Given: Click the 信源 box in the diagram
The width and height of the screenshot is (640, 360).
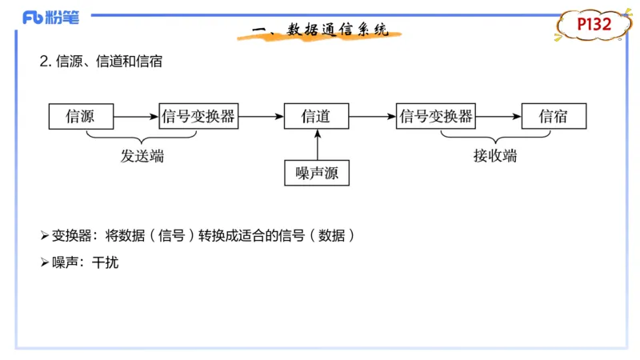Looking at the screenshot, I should [x=81, y=117].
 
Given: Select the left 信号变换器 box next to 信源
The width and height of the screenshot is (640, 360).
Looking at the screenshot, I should [x=198, y=117].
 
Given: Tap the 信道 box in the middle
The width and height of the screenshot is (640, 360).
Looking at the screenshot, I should [x=317, y=117].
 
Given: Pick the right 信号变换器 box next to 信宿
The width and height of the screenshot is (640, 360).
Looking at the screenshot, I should [x=436, y=117].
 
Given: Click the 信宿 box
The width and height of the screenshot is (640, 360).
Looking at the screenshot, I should [x=554, y=117].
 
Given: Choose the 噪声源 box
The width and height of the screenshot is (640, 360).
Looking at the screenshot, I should [x=317, y=173].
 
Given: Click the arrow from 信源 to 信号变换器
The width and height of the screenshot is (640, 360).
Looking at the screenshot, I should [x=136, y=117].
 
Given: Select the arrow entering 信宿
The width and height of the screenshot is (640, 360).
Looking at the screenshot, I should [x=498, y=117].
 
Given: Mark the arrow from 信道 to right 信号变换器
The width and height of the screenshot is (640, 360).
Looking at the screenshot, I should [x=373, y=117].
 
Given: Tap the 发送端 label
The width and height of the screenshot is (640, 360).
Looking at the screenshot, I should [x=142, y=157].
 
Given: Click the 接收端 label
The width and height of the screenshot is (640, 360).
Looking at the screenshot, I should [x=494, y=157].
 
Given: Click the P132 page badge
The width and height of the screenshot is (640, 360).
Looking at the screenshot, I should [x=594, y=25].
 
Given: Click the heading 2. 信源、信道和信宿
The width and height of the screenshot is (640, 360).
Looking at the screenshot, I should [x=101, y=62].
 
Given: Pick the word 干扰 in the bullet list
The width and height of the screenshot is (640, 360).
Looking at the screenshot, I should [x=105, y=262].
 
